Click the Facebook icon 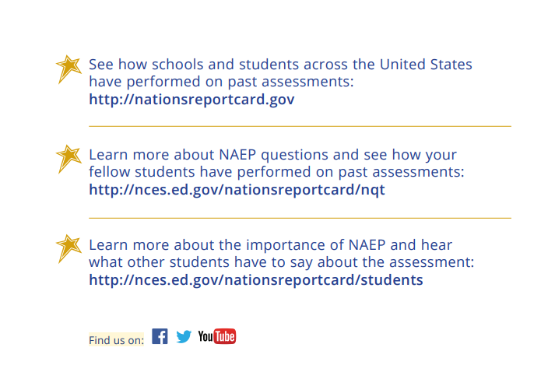tap(160, 336)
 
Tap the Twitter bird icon tap(184, 336)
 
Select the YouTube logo tap(217, 336)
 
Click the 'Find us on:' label tap(117, 340)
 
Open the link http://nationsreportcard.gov tap(191, 100)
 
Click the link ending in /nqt tap(237, 190)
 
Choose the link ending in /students tap(256, 280)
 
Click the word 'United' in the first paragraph tap(402, 65)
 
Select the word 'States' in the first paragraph tap(451, 65)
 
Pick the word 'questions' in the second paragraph tap(294, 155)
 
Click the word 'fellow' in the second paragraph tap(109, 172)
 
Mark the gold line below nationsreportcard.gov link tap(300, 126)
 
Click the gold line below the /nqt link tap(300, 218)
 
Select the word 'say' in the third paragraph tap(301, 263)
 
